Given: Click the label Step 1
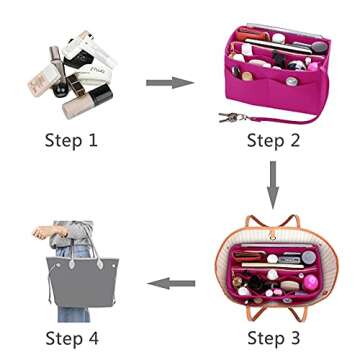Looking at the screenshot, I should click(x=71, y=139).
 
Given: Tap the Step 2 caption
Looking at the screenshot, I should click(x=273, y=139).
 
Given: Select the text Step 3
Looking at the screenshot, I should click(x=273, y=335).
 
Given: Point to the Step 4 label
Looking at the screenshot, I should click(x=71, y=335).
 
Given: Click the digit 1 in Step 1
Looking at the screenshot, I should click(x=94, y=139).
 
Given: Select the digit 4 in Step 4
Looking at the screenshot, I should click(x=95, y=335).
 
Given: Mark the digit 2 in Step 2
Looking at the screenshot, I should click(x=297, y=139).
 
